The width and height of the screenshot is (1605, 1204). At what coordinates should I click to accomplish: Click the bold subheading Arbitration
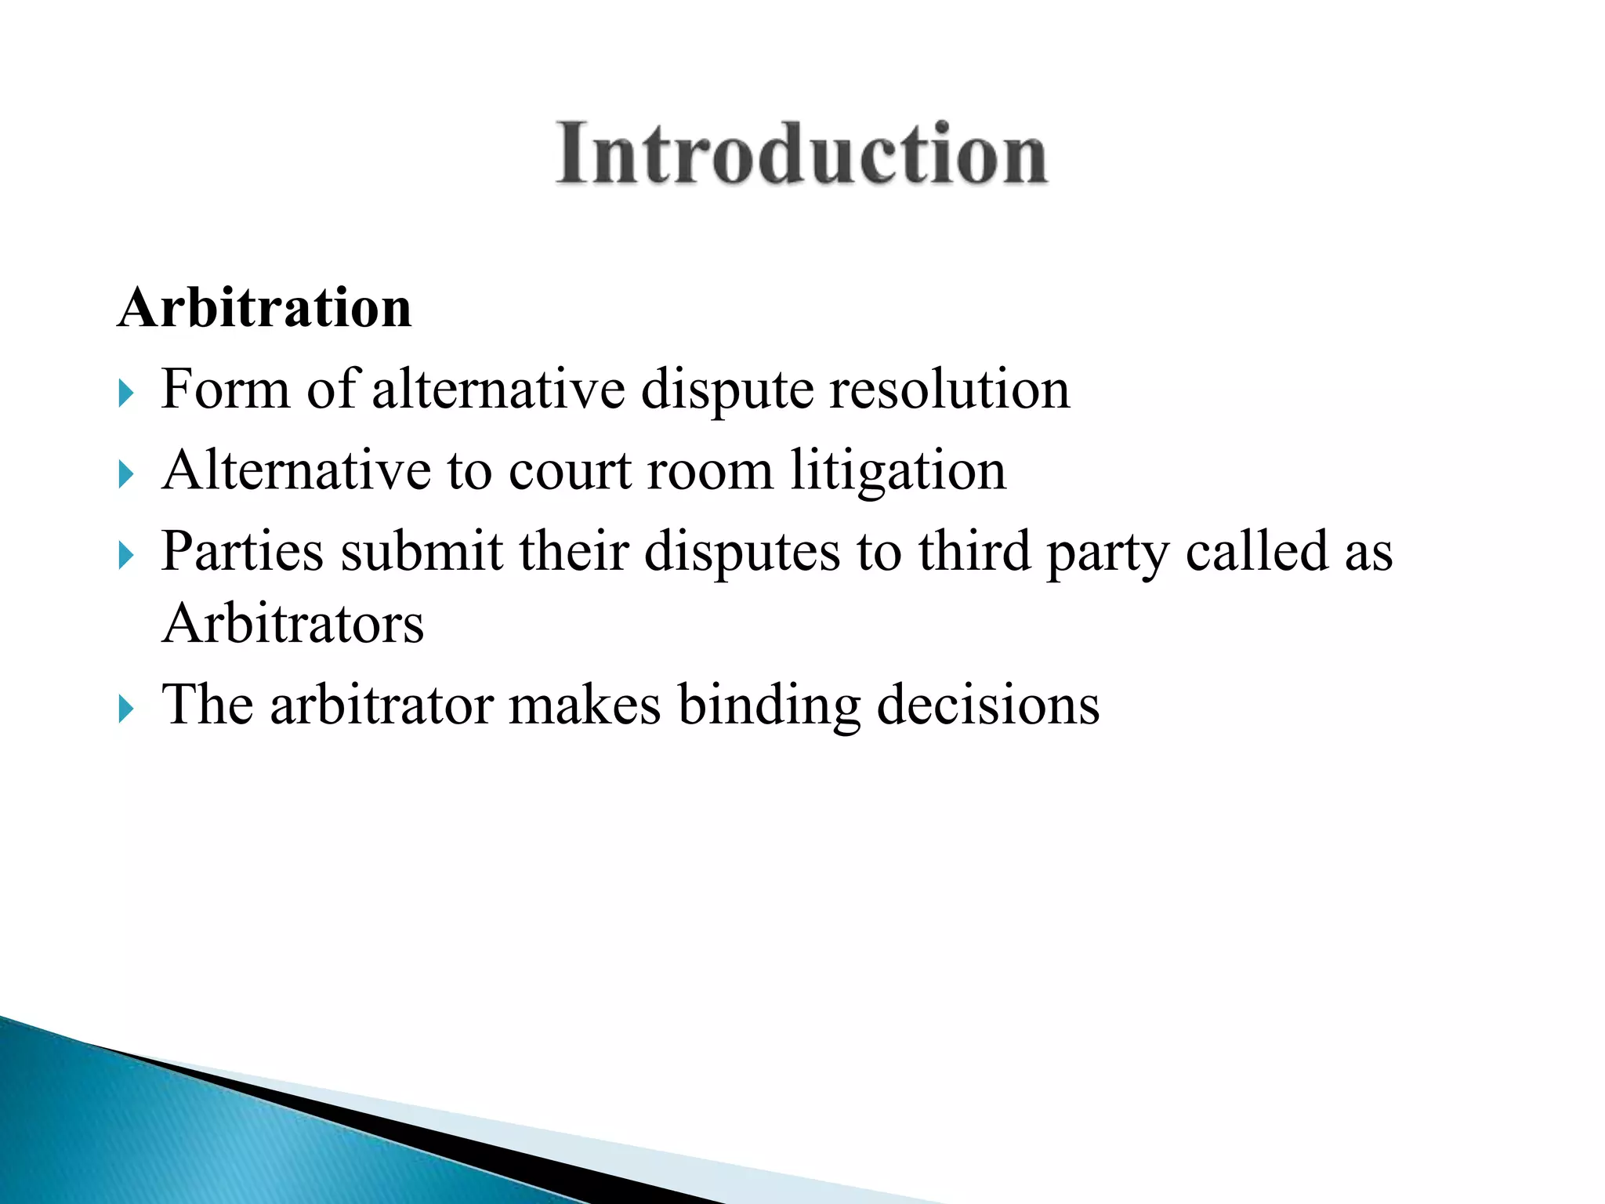click(265, 307)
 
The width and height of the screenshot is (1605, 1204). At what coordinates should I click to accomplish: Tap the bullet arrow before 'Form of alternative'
click(126, 393)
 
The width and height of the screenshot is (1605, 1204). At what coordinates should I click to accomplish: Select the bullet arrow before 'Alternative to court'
click(126, 473)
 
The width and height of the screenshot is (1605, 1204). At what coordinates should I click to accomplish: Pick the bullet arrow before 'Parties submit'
click(126, 555)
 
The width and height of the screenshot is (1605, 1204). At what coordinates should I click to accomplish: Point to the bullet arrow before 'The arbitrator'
click(126, 709)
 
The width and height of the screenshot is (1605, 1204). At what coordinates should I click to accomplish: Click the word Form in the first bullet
click(225, 389)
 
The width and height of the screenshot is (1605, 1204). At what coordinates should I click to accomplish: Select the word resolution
click(949, 389)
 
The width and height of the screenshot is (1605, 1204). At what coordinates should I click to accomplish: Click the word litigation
click(897, 472)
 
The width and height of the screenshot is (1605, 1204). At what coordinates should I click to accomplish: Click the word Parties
click(242, 551)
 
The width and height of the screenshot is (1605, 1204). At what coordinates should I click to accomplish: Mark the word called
click(1255, 551)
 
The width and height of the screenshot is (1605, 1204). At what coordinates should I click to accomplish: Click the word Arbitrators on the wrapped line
click(292, 624)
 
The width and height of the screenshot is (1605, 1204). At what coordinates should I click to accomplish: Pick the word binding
click(769, 705)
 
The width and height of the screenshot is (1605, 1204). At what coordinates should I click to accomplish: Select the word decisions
click(987, 705)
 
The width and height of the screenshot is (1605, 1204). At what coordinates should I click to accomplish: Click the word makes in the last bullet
click(585, 705)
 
